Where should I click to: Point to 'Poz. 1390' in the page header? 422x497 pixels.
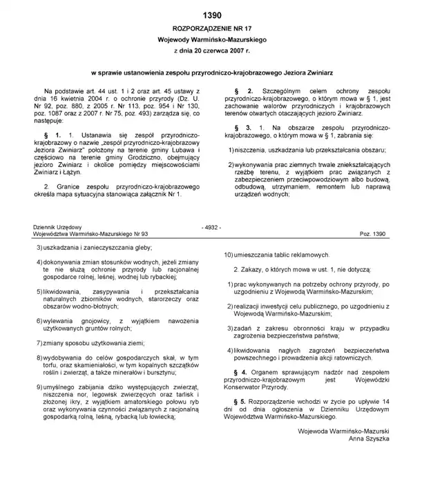(x=374, y=235)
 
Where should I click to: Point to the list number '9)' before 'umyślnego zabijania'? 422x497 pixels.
(x=39, y=388)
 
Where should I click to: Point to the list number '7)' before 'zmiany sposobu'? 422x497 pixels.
(x=39, y=343)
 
